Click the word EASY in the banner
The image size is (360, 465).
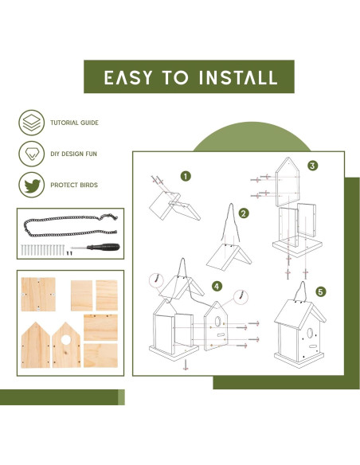[128, 78]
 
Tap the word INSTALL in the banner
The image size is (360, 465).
[238, 78]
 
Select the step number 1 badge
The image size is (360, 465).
[186, 177]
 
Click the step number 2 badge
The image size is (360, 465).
[244, 213]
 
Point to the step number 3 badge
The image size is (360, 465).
[312, 166]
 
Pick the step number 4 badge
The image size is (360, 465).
[217, 287]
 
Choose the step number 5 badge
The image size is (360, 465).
[320, 291]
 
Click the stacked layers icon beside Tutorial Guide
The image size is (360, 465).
[31, 123]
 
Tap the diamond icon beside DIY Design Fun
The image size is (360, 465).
[31, 154]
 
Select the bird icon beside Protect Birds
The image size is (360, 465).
[31, 185]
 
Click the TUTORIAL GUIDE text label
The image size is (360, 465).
[74, 123]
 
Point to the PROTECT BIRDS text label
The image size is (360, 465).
[74, 185]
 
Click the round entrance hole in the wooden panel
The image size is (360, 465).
[66, 340]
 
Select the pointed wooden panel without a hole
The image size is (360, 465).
[36, 346]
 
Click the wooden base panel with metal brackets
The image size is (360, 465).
[38, 294]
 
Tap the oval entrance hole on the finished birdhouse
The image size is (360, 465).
[310, 333]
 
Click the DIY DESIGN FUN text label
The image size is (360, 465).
[73, 154]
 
